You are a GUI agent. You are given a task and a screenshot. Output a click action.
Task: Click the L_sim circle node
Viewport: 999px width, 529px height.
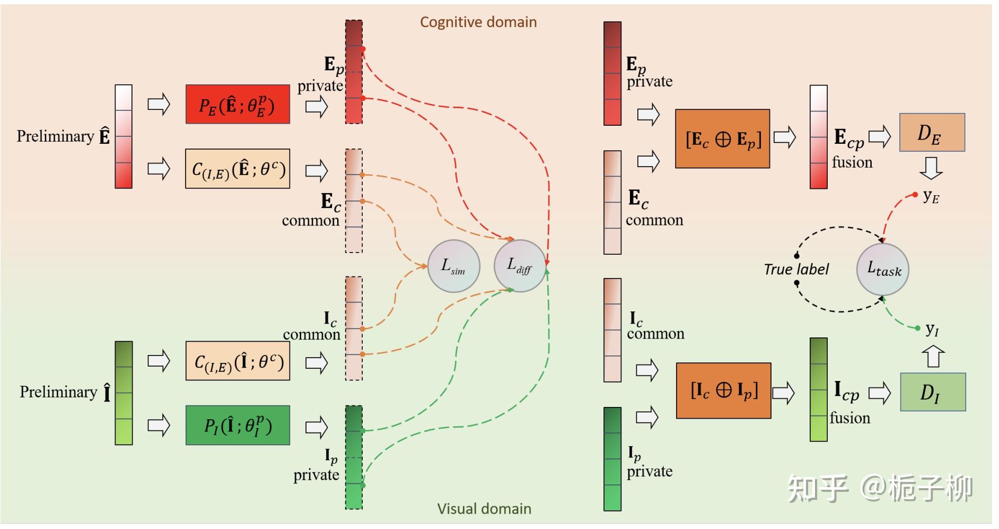coord(454,266)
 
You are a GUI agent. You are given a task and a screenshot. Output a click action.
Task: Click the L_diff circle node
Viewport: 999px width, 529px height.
coord(520,266)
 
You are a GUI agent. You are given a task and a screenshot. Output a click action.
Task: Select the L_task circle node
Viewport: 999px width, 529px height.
coord(883,270)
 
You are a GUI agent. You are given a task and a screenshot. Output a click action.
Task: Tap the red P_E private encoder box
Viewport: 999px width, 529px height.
coord(238,105)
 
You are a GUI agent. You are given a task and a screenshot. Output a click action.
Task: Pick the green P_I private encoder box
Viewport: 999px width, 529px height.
coord(238,425)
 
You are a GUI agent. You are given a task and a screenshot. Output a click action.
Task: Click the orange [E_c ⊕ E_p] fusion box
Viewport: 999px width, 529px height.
coord(722,139)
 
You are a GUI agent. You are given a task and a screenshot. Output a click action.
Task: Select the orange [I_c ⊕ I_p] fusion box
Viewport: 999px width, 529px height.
coord(723,391)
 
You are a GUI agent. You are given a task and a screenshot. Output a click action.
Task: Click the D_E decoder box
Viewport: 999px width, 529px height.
coord(932,133)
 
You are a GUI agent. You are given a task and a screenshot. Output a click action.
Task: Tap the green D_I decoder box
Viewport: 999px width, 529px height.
coord(933,392)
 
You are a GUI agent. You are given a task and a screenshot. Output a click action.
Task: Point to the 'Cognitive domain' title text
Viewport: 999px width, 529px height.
coord(478,22)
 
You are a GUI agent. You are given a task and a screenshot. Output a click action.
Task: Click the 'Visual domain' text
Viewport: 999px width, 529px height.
coord(484,509)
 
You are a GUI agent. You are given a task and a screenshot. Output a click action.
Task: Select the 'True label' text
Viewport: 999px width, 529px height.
coord(796,270)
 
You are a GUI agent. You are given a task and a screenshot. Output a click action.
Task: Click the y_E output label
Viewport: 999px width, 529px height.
coord(931,196)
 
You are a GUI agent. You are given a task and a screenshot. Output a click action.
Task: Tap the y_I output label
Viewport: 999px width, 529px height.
coord(932,329)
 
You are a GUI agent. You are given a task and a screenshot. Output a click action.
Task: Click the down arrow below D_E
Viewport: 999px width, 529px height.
coord(931,168)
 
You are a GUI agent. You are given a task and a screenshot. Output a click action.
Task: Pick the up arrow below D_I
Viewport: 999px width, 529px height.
coord(933,357)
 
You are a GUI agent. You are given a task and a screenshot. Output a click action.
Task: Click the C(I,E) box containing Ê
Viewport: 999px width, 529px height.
coord(238,169)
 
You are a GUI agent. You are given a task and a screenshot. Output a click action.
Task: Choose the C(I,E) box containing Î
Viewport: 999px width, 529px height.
coord(238,361)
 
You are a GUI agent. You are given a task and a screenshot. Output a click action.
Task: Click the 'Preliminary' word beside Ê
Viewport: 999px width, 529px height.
coord(55,136)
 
